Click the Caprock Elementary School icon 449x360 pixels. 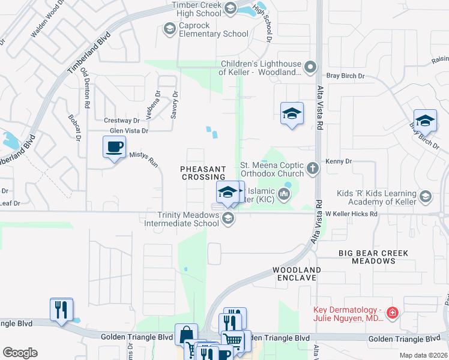169,28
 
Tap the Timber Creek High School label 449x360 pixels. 196,9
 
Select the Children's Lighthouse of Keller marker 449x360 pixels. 310,67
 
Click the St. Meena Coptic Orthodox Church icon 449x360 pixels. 312,169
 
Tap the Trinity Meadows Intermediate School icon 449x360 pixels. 228,218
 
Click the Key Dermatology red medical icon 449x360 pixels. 392,313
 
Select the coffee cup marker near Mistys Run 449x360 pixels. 114,147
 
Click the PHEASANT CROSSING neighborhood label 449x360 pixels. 203,173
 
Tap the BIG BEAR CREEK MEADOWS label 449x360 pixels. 373,257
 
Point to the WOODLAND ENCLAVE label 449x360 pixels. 297,274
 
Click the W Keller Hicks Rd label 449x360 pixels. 351,214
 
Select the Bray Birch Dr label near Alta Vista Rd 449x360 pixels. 345,76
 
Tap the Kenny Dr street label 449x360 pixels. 338,161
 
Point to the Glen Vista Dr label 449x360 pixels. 128,130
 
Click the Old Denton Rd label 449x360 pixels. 86,88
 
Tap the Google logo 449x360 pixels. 20,352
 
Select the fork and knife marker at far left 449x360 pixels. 61,310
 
